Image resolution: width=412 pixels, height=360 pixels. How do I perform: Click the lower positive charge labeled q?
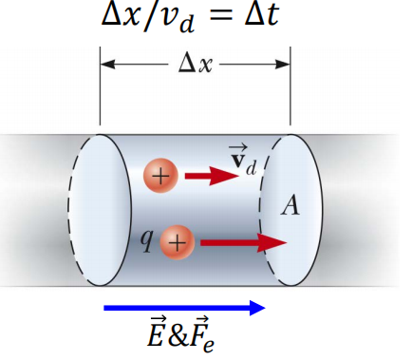[176, 242]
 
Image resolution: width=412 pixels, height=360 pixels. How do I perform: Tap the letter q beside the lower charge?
[147, 239]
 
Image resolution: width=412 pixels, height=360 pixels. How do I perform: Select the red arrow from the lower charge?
[242, 243]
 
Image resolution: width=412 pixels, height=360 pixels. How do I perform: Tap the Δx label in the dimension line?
[195, 66]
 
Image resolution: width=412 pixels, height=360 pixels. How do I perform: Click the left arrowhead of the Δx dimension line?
[107, 66]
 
